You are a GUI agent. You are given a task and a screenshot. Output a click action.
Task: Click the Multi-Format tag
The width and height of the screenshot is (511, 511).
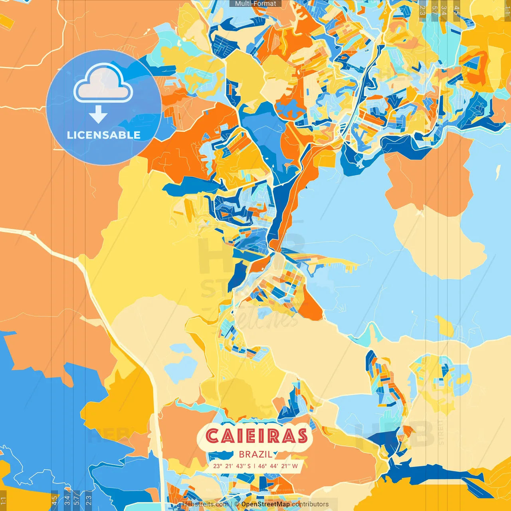pos(255,4)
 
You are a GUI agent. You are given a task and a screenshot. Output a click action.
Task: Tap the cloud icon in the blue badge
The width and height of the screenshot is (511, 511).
pos(103,83)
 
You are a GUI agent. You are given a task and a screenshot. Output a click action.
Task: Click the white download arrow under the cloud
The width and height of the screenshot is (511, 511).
pos(98,115)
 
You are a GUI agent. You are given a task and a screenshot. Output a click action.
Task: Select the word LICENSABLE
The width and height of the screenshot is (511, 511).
pos(104,135)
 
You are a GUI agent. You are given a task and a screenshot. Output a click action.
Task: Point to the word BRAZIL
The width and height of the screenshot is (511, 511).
pos(256,454)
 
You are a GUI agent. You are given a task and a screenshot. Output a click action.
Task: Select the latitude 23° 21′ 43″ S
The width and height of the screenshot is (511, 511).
pos(232,466)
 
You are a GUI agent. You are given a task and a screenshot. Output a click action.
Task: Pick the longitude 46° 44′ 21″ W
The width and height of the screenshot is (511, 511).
pos(278,466)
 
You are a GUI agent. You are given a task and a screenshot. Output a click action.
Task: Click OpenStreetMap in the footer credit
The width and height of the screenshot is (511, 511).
pos(265,504)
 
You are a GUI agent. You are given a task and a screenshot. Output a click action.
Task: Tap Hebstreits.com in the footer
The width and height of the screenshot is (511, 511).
pos(205,504)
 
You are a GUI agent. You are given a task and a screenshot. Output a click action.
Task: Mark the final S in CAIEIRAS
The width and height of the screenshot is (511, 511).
pos(301,436)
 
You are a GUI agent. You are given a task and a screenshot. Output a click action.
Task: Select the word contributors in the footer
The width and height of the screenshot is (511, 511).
pos(310,504)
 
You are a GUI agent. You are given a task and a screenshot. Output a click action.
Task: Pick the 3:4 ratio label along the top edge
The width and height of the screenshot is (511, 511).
pos(444,10)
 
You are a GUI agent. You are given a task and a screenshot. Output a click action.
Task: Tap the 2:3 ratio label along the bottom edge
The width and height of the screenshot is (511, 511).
pos(89,499)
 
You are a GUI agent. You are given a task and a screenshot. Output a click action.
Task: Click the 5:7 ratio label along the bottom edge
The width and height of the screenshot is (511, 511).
pos(76,499)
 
